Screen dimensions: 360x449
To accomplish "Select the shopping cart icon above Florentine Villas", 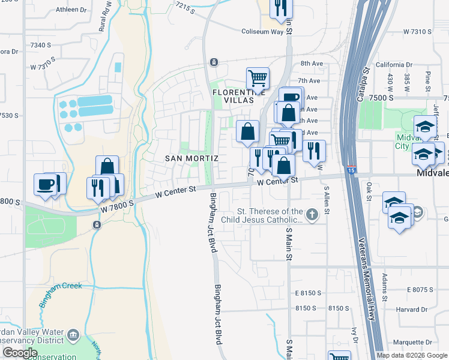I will click(x=258, y=78).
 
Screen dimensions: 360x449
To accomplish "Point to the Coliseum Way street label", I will click(x=262, y=31).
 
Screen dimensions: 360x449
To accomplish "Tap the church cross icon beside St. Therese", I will click(x=312, y=214).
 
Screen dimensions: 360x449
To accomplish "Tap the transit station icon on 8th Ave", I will click(x=213, y=62).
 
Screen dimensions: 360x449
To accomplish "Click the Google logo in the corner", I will click(x=20, y=353).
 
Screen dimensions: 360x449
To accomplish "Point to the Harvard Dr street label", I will click(x=412, y=310).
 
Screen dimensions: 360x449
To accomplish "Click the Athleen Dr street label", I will click(x=71, y=10).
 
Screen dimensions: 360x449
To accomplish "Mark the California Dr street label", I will click(x=394, y=65).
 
